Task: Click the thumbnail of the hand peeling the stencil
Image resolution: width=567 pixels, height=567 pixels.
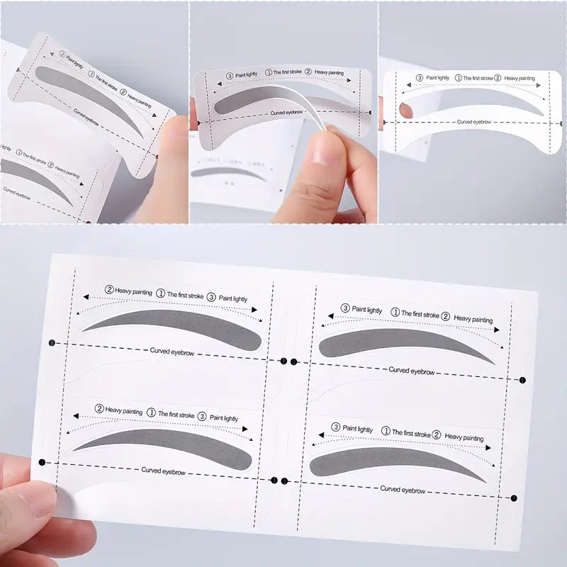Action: (283, 112)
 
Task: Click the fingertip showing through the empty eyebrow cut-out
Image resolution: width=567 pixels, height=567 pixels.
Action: (405, 110)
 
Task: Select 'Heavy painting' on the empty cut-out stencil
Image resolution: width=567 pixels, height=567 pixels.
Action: (520, 78)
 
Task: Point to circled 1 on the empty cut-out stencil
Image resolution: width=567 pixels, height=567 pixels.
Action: (458, 77)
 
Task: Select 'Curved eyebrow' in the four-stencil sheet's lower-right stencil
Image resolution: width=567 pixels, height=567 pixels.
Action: (402, 489)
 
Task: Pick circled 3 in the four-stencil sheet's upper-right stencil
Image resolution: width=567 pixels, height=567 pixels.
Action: (345, 308)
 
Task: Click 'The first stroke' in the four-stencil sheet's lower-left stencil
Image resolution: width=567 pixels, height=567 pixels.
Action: (176, 414)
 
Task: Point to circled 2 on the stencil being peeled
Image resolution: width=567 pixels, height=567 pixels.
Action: (309, 72)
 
